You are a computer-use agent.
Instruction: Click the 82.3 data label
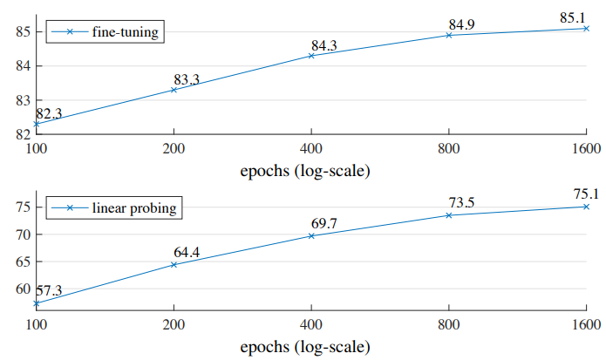point(49,113)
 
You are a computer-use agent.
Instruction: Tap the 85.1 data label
point(572,17)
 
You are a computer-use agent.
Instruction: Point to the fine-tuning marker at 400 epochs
point(311,56)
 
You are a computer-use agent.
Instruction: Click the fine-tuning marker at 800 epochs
point(449,35)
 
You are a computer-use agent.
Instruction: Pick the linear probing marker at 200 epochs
point(174,264)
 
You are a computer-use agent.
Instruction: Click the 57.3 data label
point(49,290)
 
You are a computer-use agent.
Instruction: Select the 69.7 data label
point(324,224)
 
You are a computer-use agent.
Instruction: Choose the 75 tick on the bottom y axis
point(22,207)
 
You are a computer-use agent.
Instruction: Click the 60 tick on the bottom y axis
point(22,289)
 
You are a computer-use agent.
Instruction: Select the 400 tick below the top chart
point(311,149)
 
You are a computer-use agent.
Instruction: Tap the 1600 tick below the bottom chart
point(586,325)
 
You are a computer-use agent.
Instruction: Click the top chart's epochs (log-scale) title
point(304,170)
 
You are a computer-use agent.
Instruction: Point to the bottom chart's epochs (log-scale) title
point(304,346)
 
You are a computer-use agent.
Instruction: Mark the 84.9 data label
point(462,24)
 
